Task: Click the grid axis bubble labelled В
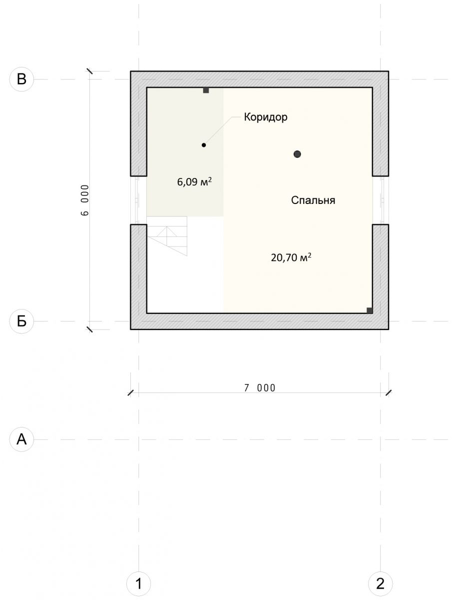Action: click(21, 79)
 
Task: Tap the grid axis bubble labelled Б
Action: click(21, 321)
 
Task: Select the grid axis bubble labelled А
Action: click(21, 439)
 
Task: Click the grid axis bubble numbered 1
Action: click(138, 583)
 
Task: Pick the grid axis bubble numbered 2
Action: click(380, 583)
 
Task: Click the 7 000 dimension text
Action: click(260, 388)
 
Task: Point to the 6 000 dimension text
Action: click(85, 200)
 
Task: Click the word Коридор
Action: click(266, 117)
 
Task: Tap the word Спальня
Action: click(313, 200)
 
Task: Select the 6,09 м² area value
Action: click(194, 181)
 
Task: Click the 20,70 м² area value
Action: click(291, 257)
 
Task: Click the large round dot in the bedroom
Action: click(297, 154)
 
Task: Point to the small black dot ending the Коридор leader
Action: click(204, 145)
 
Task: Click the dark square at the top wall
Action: click(206, 90)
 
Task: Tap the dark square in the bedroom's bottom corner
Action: click(369, 310)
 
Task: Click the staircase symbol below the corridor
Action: click(167, 236)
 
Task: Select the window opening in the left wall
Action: click(138, 200)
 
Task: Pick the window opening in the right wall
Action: click(381, 200)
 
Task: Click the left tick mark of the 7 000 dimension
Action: click(130, 393)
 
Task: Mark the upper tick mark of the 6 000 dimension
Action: click(89, 71)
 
